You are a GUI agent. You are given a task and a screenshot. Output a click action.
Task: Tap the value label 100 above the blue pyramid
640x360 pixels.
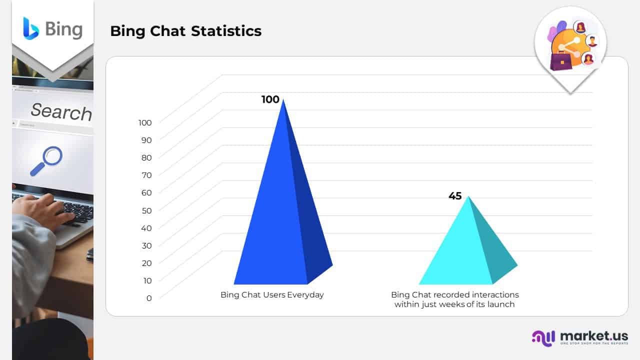(270, 99)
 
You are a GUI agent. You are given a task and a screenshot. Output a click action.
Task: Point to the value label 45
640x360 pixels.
(455, 196)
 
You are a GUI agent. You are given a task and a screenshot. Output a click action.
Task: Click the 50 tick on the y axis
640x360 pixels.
(146, 210)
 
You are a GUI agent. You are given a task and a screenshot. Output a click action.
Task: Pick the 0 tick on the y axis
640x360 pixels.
(148, 298)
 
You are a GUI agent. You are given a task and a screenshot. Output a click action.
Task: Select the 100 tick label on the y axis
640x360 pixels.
(145, 122)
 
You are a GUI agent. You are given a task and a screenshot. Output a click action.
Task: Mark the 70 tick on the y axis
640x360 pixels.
(146, 175)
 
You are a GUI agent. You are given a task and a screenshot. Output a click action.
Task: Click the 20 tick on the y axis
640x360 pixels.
(146, 263)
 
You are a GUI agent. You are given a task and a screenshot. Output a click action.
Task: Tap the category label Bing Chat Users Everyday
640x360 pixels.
(272, 294)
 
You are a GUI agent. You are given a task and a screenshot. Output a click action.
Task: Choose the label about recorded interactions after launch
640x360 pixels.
(454, 299)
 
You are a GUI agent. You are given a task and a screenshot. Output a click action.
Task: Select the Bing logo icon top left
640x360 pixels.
(30, 28)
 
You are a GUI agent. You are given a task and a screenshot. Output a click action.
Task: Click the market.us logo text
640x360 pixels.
(593, 336)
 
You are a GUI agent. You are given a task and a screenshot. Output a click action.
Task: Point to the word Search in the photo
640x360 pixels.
(61, 111)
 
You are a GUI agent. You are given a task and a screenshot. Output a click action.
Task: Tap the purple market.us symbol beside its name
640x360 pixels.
(543, 338)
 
